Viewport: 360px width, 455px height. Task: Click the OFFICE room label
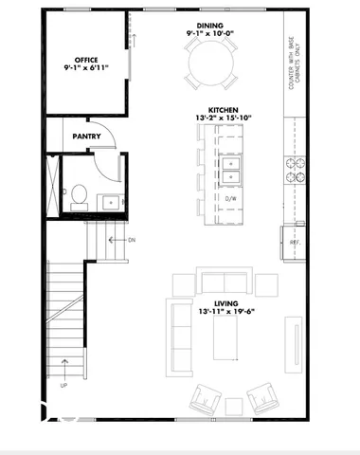(x=86, y=59)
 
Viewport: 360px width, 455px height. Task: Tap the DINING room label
(x=210, y=26)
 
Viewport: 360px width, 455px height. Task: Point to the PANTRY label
(x=87, y=136)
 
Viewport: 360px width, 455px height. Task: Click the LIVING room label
(x=225, y=303)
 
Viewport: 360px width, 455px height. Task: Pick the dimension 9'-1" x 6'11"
(x=86, y=68)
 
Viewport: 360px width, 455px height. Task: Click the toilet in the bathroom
(x=80, y=196)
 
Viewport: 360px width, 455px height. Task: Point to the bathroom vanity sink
(x=111, y=201)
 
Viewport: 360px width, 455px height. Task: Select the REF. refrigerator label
(x=294, y=243)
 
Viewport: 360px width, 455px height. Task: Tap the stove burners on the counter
(x=294, y=170)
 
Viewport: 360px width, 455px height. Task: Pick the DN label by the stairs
(x=132, y=240)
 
